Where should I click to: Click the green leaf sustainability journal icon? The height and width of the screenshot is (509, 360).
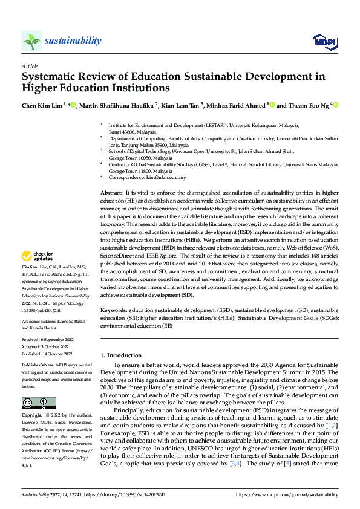[31, 41]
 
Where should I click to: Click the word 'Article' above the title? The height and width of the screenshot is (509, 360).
[30, 66]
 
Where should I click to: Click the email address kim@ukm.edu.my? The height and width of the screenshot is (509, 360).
[165, 177]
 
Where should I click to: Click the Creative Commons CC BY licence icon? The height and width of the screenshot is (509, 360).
[38, 403]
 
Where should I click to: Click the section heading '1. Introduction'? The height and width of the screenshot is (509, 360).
[120, 355]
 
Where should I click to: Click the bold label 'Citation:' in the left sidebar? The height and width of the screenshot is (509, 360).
[30, 284]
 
